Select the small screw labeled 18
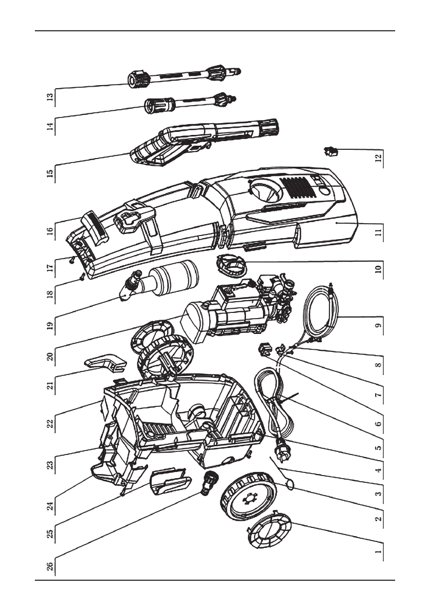82,278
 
